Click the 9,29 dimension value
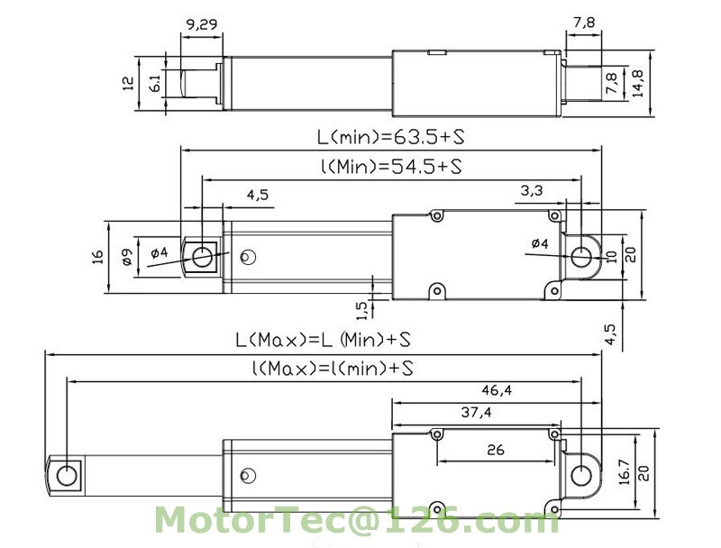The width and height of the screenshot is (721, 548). click(x=201, y=24)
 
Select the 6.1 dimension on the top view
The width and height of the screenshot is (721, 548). click(x=155, y=83)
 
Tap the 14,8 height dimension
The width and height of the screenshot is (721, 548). click(x=638, y=83)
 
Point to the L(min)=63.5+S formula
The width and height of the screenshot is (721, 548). click(x=390, y=137)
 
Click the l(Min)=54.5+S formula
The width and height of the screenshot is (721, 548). click(x=391, y=166)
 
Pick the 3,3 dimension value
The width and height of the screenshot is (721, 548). click(x=532, y=190)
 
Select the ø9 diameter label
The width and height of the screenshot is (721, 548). click(x=127, y=257)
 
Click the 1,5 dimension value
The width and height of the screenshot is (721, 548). click(x=362, y=310)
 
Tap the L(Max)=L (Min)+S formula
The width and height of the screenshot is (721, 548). click(x=323, y=340)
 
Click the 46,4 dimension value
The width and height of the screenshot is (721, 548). click(x=497, y=390)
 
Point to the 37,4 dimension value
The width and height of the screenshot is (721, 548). click(x=477, y=413)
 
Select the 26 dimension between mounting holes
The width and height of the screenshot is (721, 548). click(x=495, y=449)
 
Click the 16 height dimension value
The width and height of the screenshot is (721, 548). click(x=98, y=257)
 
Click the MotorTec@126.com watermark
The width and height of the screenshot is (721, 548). click(x=357, y=520)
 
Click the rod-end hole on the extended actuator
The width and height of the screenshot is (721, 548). click(x=66, y=475)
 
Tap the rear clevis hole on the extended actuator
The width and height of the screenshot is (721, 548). click(x=581, y=475)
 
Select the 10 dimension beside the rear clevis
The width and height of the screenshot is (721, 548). click(x=612, y=257)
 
